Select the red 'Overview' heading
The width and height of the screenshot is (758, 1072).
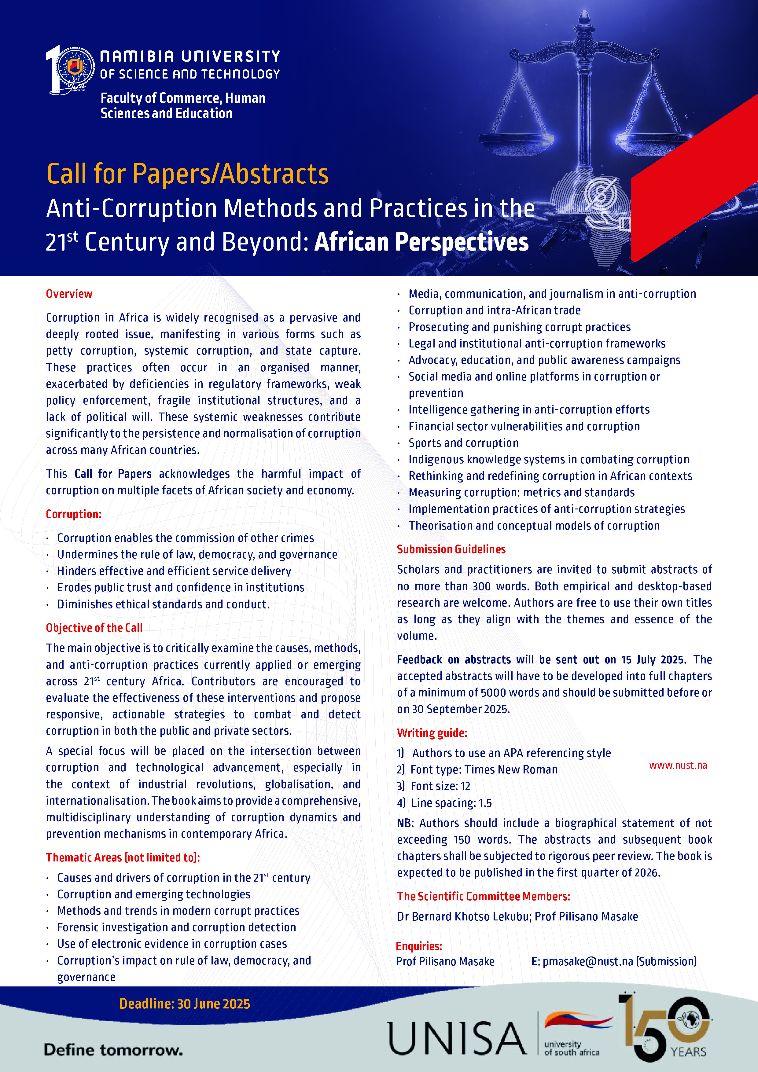pos(69,294)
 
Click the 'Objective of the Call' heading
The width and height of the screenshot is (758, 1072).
pos(94,627)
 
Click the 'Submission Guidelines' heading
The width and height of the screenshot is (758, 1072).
pos(451,549)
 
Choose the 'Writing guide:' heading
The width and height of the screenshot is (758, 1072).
pos(432,732)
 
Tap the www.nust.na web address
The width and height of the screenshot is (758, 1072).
pos(678,765)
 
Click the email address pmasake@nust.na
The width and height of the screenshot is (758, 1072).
pos(587,961)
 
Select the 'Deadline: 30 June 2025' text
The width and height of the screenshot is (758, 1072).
pos(185,1003)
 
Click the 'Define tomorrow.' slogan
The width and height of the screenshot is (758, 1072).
pos(113,1050)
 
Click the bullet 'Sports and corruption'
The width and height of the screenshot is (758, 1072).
pos(463,442)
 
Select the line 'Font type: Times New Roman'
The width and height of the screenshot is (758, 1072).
pos(484,769)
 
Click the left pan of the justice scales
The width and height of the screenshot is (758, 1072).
pos(516,139)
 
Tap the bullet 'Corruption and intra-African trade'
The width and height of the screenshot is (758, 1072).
pos(495,310)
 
